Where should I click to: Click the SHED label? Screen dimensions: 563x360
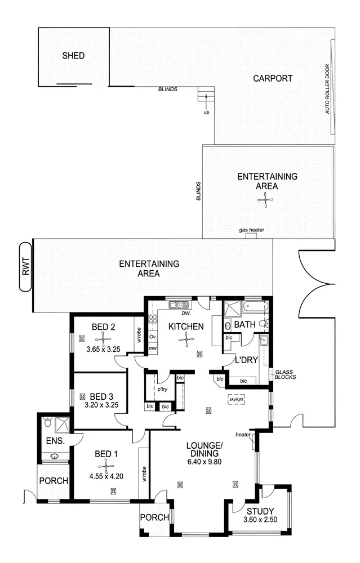pos(73,55)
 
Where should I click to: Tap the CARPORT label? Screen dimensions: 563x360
pos(272,78)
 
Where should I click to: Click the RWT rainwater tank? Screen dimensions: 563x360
pos(26,267)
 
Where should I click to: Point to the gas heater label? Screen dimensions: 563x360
pos(251,230)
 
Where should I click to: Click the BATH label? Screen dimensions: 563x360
pos(245,325)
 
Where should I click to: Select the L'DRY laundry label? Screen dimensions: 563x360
pos(246,359)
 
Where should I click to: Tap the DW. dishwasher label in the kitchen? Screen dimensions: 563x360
pos(185,314)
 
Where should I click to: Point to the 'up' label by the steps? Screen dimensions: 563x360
pos(206,113)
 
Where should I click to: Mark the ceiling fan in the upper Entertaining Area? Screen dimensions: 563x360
pos(263,199)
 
